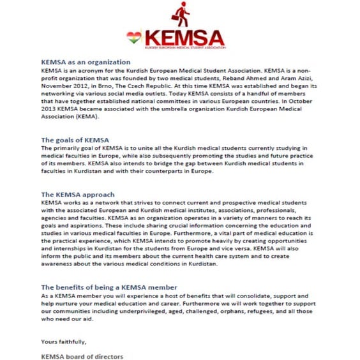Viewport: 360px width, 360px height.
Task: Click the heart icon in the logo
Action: [x=133, y=38]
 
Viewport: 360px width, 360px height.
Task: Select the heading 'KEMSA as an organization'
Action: [x=86, y=62]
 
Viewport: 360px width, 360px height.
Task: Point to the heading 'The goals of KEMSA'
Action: [x=75, y=140]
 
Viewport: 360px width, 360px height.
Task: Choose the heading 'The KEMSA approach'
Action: [x=78, y=194]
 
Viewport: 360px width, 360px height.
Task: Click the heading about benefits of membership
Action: [x=109, y=287]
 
